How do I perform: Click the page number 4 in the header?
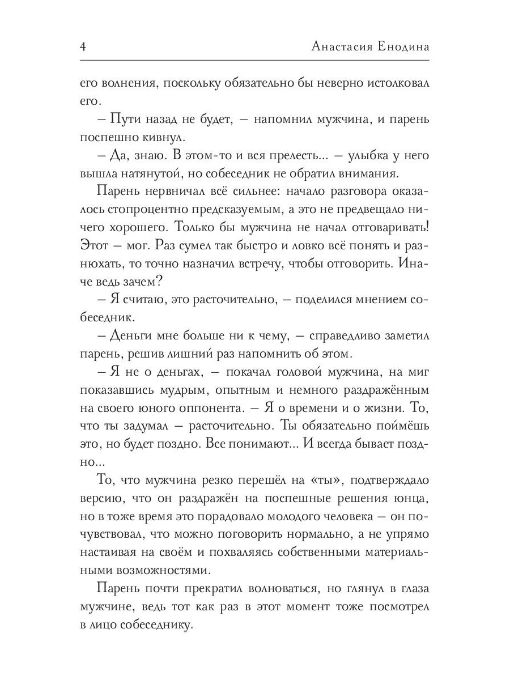pyautogui.click(x=83, y=48)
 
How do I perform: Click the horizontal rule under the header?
pyautogui.click(x=255, y=59)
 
